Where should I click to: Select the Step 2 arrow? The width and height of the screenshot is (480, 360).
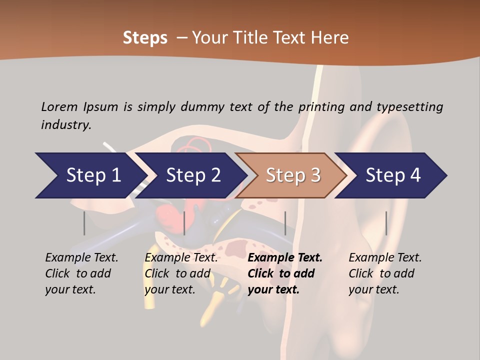point(192,175)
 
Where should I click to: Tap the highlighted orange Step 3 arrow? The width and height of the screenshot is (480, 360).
point(292,175)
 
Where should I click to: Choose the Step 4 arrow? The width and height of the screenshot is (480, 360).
point(392,175)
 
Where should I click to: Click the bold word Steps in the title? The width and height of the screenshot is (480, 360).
point(145,38)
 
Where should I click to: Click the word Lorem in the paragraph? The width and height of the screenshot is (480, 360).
point(59,106)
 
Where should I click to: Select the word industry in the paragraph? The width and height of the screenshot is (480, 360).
point(65,125)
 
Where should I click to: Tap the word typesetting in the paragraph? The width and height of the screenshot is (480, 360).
point(409,106)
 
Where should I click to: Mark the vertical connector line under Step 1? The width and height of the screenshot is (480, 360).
point(84,223)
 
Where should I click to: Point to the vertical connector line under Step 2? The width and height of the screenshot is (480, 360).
point(184,223)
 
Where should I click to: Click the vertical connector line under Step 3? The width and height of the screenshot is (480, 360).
point(285,223)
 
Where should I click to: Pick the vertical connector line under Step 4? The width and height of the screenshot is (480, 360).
point(386,223)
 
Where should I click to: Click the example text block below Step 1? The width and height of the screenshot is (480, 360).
point(81,273)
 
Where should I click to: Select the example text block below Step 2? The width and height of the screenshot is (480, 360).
point(181,273)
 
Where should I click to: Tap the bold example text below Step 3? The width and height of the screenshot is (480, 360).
point(285,273)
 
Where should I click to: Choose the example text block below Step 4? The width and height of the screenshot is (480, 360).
point(385,273)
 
